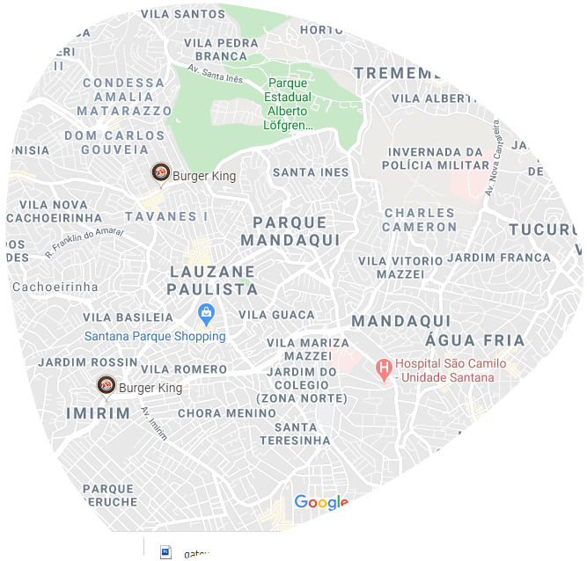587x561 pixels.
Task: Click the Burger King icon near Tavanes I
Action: click(160, 173)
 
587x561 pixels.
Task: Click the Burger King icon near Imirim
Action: click(106, 385)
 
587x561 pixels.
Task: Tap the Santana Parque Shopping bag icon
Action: click(206, 313)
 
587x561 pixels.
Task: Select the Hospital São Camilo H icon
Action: click(384, 368)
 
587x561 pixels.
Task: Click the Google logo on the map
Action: click(321, 502)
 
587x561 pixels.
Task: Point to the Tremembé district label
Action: click(404, 73)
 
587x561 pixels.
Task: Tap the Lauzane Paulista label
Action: click(213, 280)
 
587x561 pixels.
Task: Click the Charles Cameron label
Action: click(420, 220)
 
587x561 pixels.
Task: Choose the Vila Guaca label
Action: click(276, 315)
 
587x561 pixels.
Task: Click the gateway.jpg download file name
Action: click(212, 554)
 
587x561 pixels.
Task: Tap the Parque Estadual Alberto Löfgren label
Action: click(287, 104)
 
